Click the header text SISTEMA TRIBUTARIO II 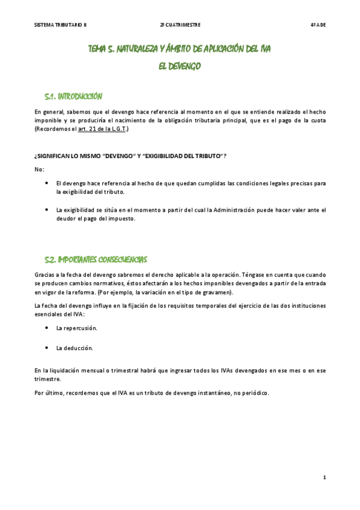coord(61,25)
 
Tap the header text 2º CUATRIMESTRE coord(180,25)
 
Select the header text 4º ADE coord(318,25)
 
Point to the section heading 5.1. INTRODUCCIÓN coord(74,96)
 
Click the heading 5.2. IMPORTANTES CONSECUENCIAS coord(96,259)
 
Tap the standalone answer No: coord(39,169)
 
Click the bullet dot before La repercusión coord(47,328)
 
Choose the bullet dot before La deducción coord(47,347)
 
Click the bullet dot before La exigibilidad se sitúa coord(47,209)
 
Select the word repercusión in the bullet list coord(80,328)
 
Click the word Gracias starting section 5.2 coord(44,274)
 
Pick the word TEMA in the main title coord(97,49)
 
